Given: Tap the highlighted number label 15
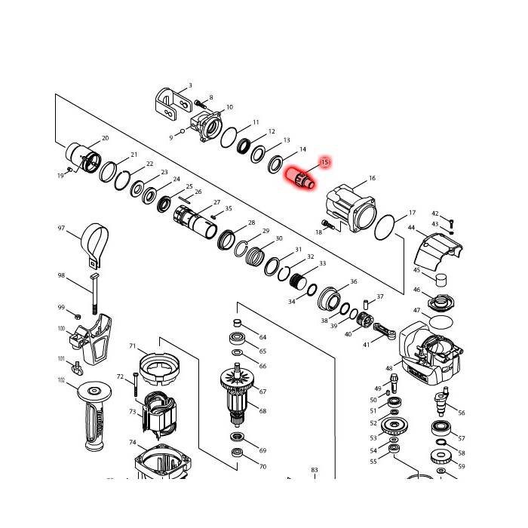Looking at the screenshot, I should pos(325,161).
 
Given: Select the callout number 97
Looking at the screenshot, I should pos(61,228).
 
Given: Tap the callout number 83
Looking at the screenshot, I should pos(315,470).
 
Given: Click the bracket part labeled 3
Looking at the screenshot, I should pos(170,105).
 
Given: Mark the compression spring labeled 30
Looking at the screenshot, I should pos(261,257).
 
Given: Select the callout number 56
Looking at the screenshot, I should pos(462,413).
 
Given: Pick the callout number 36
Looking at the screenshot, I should pos(353,282).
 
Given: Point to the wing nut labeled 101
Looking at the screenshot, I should pos(75,368).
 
